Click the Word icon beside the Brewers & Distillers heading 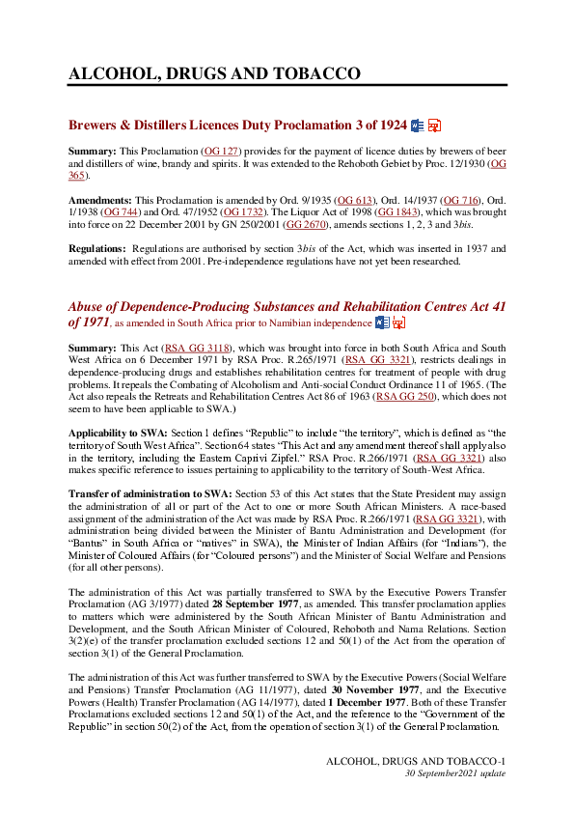pos(418,126)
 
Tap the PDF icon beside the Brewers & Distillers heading pos(434,126)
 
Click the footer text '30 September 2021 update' pos(454,774)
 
